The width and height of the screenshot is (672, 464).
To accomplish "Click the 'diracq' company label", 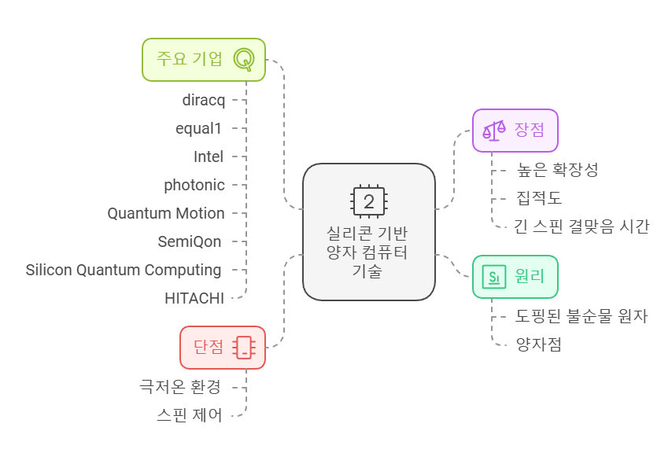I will click(203, 100).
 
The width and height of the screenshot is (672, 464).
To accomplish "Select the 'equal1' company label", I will click(199, 128).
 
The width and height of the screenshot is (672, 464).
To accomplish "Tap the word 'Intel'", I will click(209, 157).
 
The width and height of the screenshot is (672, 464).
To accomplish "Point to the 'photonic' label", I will click(194, 185).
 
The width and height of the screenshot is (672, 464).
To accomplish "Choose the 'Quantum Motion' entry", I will click(166, 213).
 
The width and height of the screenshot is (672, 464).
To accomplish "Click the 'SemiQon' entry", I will click(190, 241).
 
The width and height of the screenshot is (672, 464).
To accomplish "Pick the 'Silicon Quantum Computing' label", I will click(124, 270).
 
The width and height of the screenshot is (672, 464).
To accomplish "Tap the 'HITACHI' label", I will click(194, 298).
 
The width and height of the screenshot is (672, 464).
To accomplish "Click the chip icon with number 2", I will click(369, 201).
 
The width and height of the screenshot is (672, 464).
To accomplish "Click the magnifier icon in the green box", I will click(245, 59).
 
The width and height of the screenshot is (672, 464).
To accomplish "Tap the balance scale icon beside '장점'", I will click(494, 130).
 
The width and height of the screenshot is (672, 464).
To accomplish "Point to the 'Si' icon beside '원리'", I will click(494, 276).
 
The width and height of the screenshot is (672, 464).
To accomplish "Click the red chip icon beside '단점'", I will click(245, 347).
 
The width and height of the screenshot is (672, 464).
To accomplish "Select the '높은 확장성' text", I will click(557, 169).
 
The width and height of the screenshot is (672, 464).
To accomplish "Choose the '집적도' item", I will click(539, 197).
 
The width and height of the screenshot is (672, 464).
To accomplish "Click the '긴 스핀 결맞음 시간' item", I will click(582, 226).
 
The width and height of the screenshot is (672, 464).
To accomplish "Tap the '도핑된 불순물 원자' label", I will click(582, 316).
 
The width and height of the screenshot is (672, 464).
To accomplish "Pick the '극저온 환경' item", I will click(179, 386).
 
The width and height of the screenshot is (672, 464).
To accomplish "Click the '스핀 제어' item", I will click(190, 414).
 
